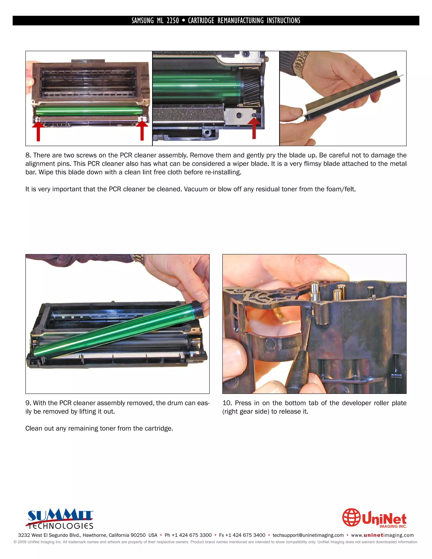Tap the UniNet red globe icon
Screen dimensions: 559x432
point(351,517)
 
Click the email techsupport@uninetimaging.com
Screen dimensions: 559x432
point(308,535)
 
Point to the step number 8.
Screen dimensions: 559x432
point(28,155)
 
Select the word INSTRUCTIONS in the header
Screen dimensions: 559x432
point(283,21)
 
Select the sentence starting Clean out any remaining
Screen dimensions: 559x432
point(99,428)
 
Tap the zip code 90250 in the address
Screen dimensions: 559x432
point(138,535)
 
